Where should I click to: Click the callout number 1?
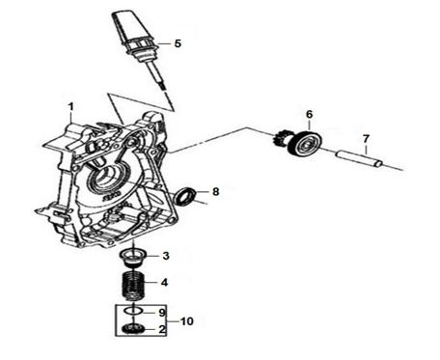click(x=70, y=106)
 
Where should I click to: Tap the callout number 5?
click(x=178, y=43)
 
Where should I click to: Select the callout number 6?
click(x=309, y=114)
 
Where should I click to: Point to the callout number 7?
click(x=366, y=139)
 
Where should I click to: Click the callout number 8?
click(x=215, y=192)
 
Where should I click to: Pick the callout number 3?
click(x=166, y=256)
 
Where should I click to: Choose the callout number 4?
click(x=164, y=283)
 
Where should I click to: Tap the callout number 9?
click(x=162, y=313)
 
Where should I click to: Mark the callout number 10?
click(x=187, y=321)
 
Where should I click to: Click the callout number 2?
click(x=162, y=329)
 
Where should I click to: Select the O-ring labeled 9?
click(x=133, y=311)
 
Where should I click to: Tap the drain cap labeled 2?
click(x=133, y=329)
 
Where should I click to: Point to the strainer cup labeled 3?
click(x=133, y=258)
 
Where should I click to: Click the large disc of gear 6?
click(x=307, y=144)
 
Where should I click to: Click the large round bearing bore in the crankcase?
click(x=106, y=180)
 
